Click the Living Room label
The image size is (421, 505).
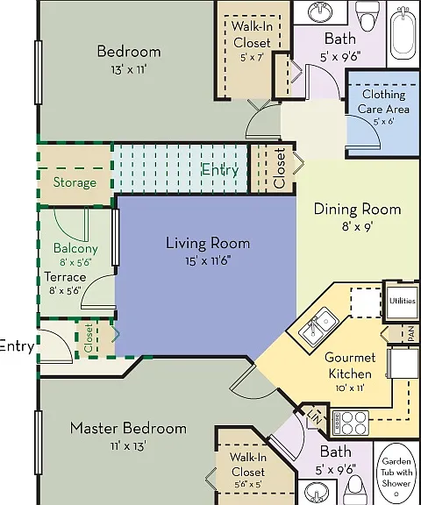tap(208, 243)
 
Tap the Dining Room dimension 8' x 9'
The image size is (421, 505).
tap(357, 227)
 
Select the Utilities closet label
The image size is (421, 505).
tap(403, 301)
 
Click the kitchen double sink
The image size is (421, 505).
tap(318, 326)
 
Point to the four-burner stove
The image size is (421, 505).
tap(351, 423)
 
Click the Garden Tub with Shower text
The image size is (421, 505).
tap(396, 473)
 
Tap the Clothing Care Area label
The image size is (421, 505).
tap(383, 102)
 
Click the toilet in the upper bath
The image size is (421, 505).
tap(368, 16)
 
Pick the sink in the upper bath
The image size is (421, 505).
tap(320, 12)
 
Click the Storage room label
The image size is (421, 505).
tap(75, 182)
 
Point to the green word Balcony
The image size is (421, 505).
tap(75, 248)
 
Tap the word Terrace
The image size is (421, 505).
tap(65, 277)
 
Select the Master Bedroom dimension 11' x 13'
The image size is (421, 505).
tap(128, 446)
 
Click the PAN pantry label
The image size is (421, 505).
tap(411, 334)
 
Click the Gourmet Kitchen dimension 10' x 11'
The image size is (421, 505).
tap(350, 388)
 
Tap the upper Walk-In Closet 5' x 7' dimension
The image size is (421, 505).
tap(252, 58)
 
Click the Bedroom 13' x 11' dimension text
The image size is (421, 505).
tap(129, 69)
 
